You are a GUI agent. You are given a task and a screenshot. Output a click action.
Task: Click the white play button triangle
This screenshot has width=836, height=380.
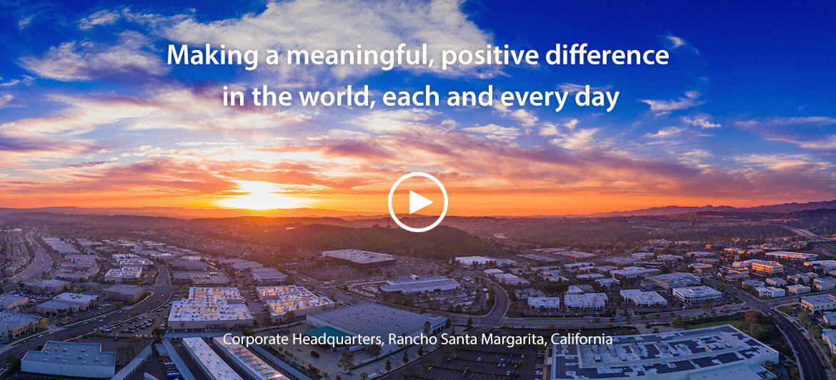[x=419, y=203]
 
